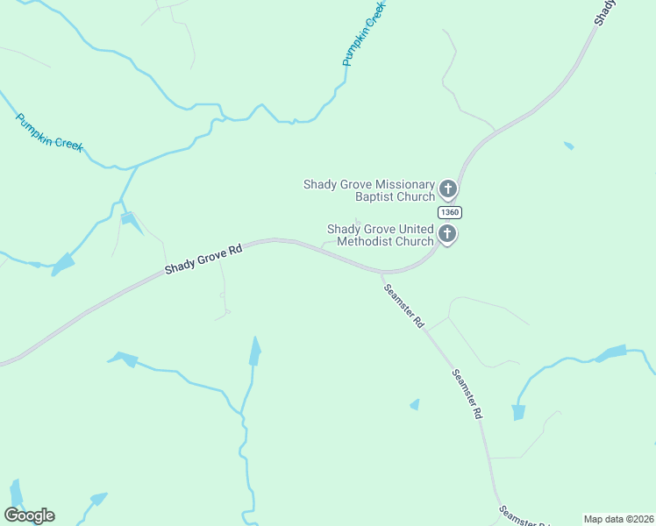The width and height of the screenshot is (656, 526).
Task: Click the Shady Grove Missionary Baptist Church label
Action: [369, 190]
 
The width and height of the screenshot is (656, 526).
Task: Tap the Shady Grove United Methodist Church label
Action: [381, 235]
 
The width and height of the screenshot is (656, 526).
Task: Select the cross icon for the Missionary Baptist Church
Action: [447, 188]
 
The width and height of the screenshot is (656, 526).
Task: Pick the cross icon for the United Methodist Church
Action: [447, 233]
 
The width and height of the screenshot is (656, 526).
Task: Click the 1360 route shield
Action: [449, 212]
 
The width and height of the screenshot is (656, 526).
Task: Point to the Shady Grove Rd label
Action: [203, 261]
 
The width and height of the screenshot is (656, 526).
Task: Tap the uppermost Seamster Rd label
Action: [403, 305]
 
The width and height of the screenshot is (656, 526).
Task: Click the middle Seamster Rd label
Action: [467, 393]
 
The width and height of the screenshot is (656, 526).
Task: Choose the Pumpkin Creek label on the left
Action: [49, 132]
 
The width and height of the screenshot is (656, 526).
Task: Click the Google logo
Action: [30, 515]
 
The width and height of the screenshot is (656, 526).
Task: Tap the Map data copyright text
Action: [617, 519]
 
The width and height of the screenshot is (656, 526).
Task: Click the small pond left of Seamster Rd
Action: [414, 404]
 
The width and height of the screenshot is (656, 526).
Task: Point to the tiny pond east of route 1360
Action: [569, 145]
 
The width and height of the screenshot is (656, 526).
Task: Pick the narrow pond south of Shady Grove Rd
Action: [255, 352]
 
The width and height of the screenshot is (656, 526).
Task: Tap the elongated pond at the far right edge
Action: [612, 353]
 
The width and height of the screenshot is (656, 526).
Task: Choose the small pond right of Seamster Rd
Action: [518, 411]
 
